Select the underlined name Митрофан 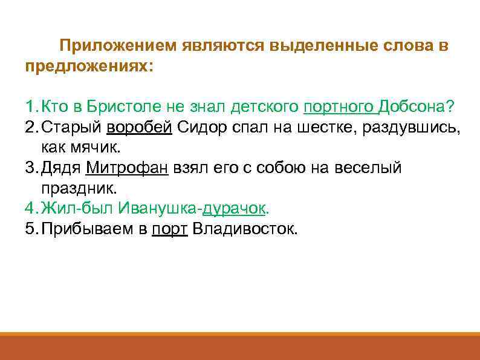(127, 168)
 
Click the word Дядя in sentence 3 (62, 168)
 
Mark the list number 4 (31, 208)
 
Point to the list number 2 (31, 127)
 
